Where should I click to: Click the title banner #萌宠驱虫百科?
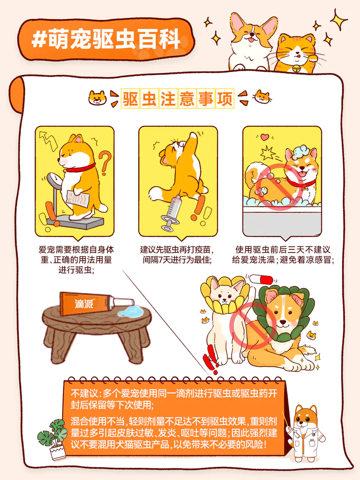point(106,40)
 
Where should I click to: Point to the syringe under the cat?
point(173,212)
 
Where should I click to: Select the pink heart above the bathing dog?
point(265,137)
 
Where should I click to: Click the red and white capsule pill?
point(262,280)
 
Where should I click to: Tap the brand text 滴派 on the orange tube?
point(84,304)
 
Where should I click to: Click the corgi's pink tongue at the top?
point(251,40)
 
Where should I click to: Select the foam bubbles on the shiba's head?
point(301,151)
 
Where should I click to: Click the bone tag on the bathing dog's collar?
point(304,188)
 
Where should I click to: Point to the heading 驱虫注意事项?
point(178,98)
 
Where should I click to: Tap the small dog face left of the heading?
point(98,98)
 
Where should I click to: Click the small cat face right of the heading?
point(262,97)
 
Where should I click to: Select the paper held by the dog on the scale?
point(78,198)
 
